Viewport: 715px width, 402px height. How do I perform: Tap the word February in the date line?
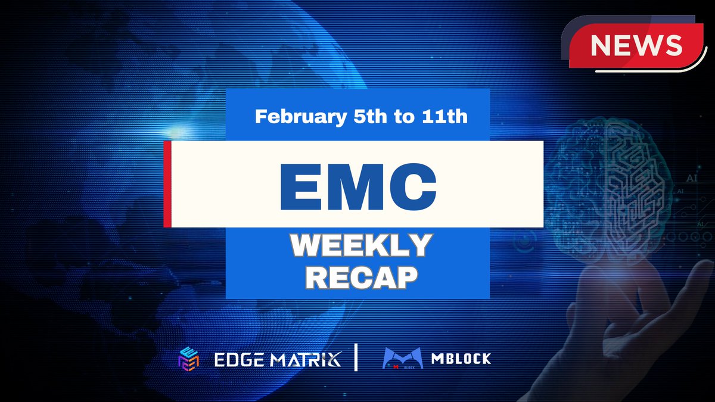click(x=299, y=116)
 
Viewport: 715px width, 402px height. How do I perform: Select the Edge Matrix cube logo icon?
click(x=187, y=359)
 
